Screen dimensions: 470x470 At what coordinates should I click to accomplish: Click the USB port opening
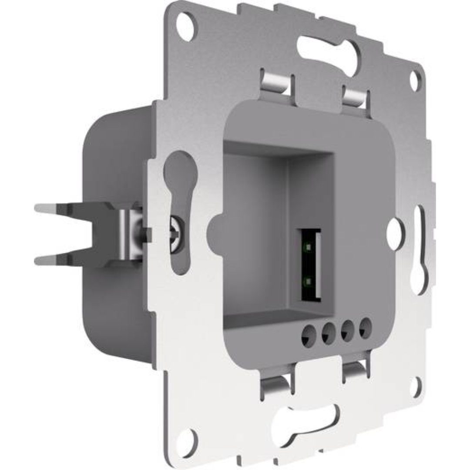[310, 265]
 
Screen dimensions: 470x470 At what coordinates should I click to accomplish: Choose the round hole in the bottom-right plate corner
[418, 385]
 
